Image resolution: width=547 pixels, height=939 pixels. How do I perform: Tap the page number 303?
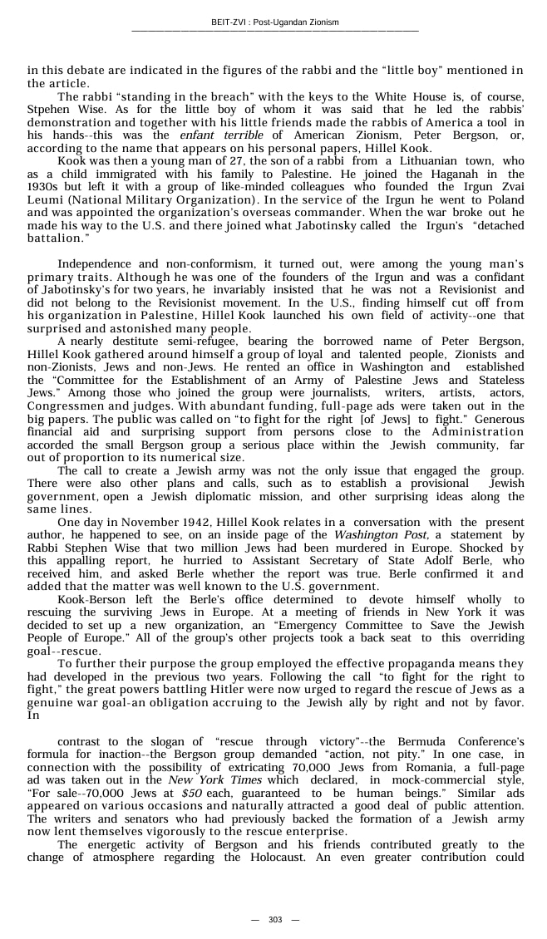click(x=275, y=919)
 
